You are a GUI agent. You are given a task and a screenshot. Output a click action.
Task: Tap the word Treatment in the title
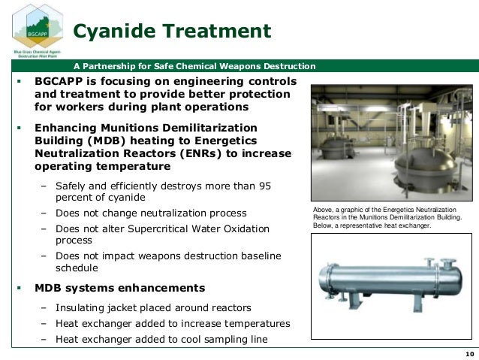[218, 32]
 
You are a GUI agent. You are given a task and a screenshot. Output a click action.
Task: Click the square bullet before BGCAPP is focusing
[17, 80]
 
